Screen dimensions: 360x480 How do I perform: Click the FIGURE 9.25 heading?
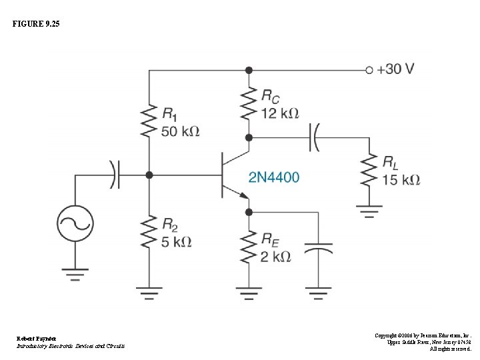coord(35,24)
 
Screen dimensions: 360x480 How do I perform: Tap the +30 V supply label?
coord(395,69)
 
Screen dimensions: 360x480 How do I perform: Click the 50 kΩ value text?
coord(180,131)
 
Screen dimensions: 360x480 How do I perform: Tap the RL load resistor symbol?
coord(369,171)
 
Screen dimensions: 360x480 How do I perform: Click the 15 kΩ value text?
coord(401,180)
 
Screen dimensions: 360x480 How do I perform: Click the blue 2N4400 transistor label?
coord(274,177)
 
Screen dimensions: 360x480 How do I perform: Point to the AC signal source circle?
coord(75,223)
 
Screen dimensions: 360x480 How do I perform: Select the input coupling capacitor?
coord(115,175)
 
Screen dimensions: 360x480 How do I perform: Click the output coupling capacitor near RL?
coord(313,138)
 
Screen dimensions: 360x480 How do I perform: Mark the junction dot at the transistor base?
coord(149,175)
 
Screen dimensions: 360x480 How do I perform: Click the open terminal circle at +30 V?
coord(369,69)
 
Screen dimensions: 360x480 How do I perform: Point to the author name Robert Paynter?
coord(37,339)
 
